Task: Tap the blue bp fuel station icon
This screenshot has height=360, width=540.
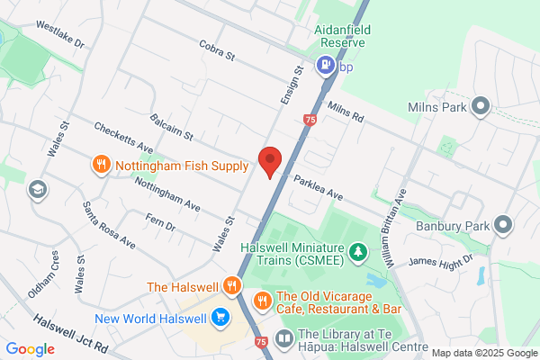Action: coord(324,65)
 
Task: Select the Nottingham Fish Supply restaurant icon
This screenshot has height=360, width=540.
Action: coord(101,165)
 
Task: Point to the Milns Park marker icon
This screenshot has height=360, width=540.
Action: coord(480,107)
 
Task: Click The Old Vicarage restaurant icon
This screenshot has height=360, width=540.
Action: coord(262,300)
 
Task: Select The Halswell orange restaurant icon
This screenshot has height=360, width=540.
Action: coord(232,286)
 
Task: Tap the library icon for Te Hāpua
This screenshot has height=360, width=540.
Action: coord(284,337)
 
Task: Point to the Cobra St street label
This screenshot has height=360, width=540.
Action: coord(216,56)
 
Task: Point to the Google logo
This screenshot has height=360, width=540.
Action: coord(31,349)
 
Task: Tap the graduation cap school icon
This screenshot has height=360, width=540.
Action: coord(37,190)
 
